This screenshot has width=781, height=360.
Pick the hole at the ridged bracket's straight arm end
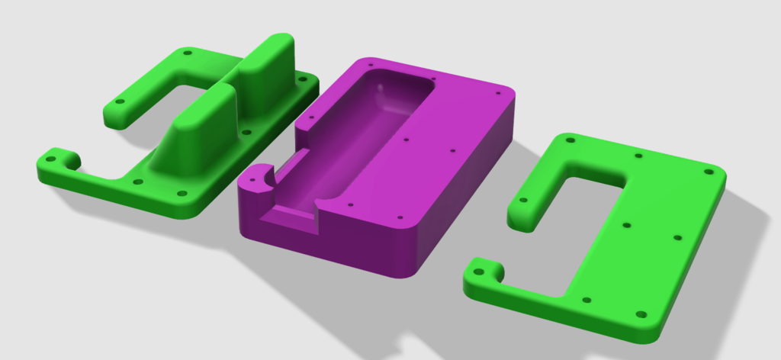tap(119, 102)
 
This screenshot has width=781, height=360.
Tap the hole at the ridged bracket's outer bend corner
tap(185, 53)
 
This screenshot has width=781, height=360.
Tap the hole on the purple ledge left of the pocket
tap(311, 116)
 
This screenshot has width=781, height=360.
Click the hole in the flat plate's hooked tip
tap(479, 271)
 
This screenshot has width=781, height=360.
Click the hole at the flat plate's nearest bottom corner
tap(640, 313)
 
